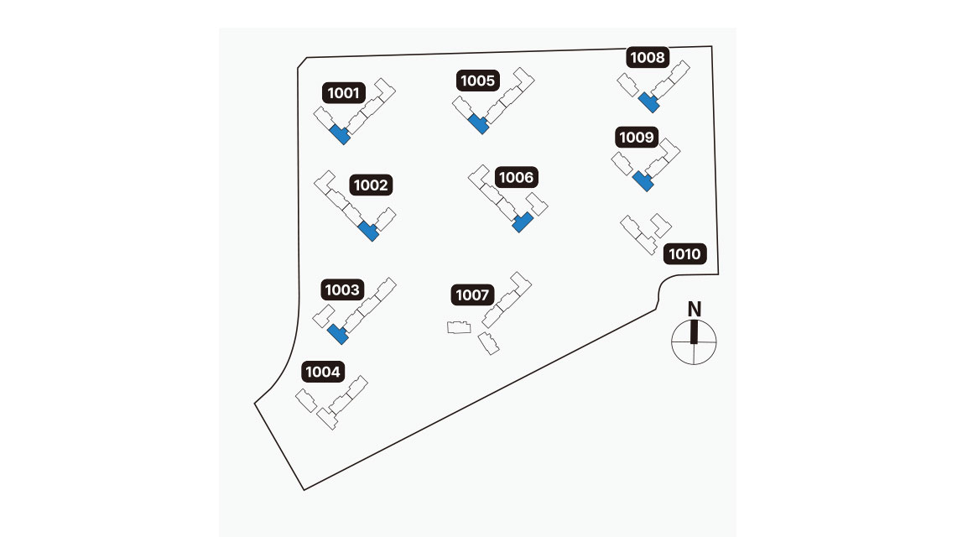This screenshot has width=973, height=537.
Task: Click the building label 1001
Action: (344, 92)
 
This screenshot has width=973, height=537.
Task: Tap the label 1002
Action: (371, 185)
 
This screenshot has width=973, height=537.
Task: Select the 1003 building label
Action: (342, 290)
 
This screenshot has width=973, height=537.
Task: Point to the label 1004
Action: (322, 372)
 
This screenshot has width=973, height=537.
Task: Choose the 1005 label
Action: (478, 81)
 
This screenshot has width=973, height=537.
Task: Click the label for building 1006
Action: (515, 178)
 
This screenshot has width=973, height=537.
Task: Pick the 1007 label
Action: (472, 295)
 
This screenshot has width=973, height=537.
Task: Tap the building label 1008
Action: (648, 58)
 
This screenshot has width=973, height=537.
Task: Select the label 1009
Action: (636, 137)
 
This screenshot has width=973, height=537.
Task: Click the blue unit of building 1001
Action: (341, 134)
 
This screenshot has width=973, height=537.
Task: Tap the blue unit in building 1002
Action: (368, 231)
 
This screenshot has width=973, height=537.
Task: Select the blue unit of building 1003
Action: (338, 333)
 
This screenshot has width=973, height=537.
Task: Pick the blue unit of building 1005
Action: (478, 124)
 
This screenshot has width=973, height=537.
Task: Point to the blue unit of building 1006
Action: (522, 222)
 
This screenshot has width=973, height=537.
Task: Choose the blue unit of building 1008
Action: (648, 102)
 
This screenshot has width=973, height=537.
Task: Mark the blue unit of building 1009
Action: (642, 180)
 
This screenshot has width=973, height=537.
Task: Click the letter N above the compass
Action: (695, 308)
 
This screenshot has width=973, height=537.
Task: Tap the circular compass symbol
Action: (695, 342)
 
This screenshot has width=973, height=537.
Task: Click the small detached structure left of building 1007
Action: (457, 327)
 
